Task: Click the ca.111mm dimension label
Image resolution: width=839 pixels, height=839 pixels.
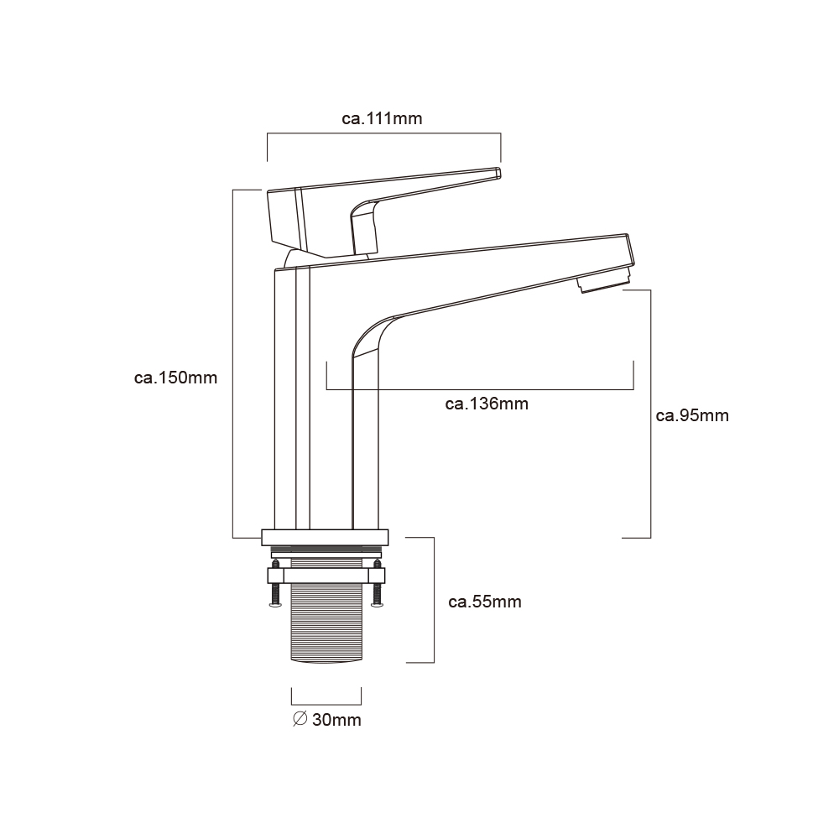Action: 382,118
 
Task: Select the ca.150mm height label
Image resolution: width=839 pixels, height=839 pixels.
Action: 175,378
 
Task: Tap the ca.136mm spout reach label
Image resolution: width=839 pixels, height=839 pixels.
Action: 487,404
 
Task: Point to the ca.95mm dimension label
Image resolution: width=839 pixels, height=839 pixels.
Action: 692,416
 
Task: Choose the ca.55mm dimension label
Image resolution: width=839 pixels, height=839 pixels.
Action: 485,602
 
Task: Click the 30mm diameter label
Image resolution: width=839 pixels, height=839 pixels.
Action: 336,720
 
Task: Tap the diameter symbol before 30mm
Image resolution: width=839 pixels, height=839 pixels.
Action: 300,719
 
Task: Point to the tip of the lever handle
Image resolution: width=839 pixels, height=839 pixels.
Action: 498,172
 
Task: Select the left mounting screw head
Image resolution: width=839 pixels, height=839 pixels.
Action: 275,605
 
